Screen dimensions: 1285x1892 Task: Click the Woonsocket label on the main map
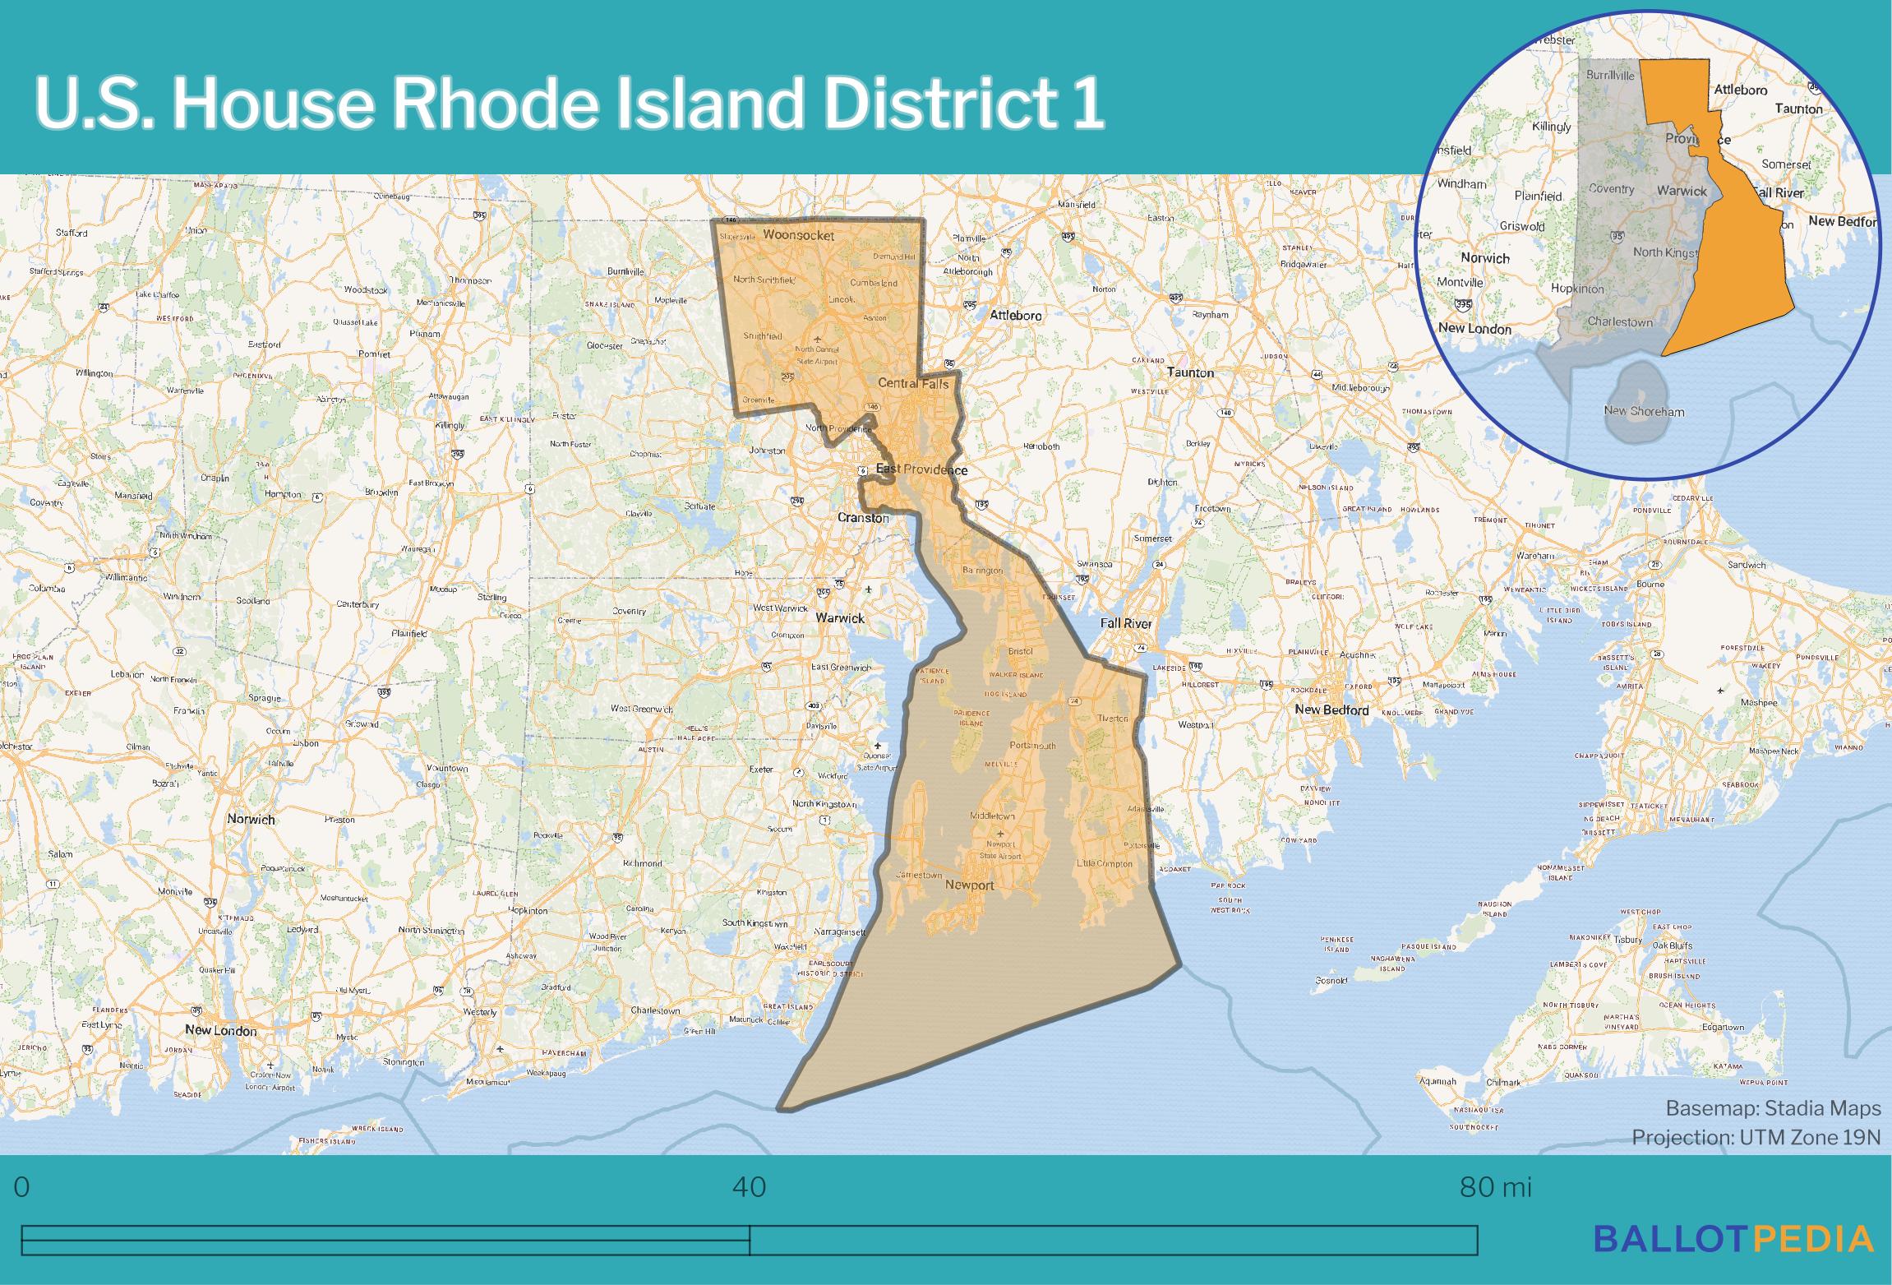(x=798, y=236)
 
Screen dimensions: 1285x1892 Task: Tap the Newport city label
(x=970, y=885)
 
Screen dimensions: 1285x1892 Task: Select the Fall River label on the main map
(x=1126, y=623)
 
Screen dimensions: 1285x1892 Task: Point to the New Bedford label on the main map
(x=1331, y=710)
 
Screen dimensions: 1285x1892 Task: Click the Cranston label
(x=863, y=518)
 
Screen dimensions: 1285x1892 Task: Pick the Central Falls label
(x=913, y=383)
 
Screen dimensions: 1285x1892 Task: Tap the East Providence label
(x=921, y=469)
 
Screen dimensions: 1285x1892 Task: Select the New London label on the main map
(x=220, y=1030)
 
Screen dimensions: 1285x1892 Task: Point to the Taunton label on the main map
(x=1190, y=372)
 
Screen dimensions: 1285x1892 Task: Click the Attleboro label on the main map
(x=1016, y=315)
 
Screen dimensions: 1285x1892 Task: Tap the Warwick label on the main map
(x=840, y=617)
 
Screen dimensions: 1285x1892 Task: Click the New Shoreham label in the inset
(x=1644, y=411)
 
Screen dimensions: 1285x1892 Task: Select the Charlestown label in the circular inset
(x=1620, y=322)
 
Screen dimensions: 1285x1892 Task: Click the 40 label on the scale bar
(x=749, y=1187)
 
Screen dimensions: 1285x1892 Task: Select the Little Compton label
(x=1105, y=863)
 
